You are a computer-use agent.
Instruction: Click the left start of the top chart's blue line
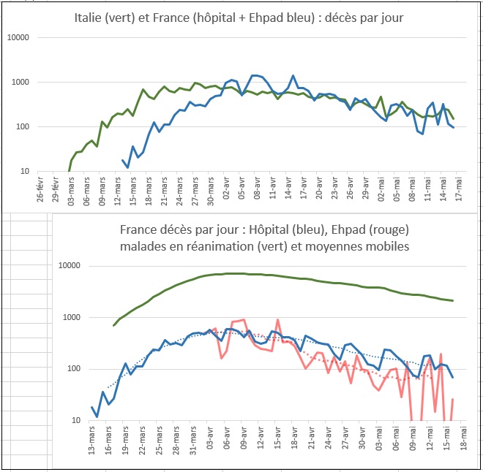pos(122,160)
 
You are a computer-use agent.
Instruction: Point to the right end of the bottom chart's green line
pos(453,300)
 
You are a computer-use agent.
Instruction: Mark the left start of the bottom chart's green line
pos(113,325)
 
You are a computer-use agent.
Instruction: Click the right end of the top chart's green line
pos(453,118)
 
